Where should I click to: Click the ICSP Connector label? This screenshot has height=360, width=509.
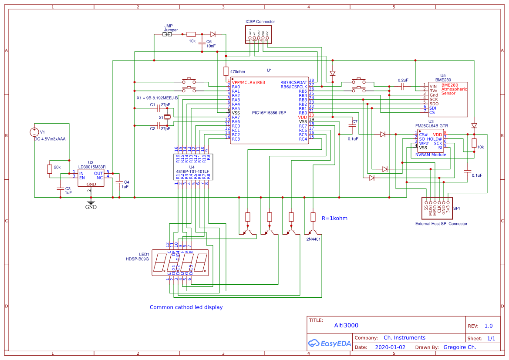260,22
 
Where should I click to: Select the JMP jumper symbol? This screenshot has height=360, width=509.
167,34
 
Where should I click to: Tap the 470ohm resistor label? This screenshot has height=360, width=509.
237,71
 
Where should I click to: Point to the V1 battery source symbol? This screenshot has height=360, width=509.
34,132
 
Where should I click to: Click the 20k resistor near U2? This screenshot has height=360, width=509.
49,169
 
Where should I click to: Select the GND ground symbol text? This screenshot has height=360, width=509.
91,207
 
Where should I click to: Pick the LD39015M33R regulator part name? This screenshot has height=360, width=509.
92,167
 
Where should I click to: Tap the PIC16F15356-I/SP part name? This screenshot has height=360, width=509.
269,113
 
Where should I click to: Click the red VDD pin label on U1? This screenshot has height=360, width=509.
302,117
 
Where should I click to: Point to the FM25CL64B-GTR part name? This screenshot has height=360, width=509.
431,126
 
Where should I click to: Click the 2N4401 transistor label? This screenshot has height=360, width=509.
313,239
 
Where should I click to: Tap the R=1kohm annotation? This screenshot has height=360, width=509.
334,218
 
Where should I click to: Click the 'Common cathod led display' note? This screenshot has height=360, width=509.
186,307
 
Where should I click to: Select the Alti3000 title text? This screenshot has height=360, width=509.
346,325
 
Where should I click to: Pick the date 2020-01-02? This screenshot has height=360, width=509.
390,347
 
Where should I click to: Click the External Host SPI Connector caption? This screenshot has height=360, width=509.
441,224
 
